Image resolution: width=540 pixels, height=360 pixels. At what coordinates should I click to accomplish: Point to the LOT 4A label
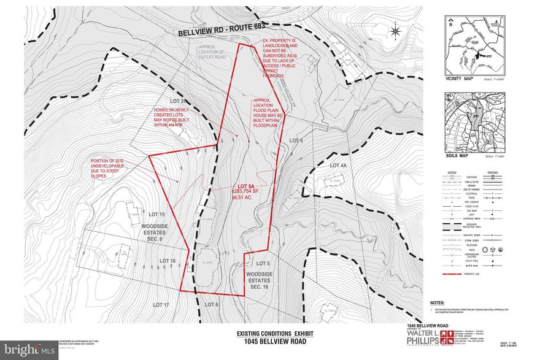click(x=338, y=166)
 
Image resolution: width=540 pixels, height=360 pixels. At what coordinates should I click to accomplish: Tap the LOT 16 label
click(x=168, y=261)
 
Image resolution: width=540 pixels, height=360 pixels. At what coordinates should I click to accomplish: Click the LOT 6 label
click(x=211, y=304)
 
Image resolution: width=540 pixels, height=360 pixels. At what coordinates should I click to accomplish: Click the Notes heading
click(x=437, y=303)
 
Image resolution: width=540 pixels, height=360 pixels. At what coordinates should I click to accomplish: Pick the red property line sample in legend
click(x=455, y=275)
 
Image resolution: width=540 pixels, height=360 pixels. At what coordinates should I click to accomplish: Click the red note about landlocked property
click(x=276, y=58)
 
